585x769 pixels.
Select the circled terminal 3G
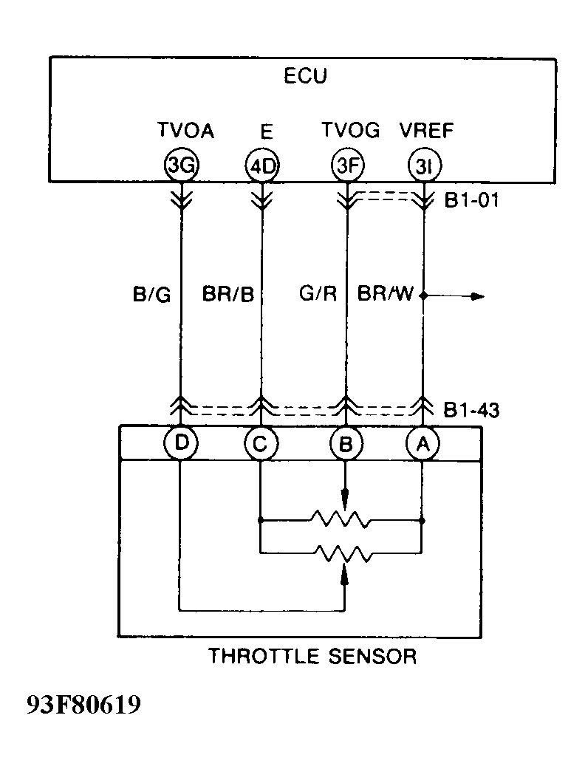point(181,166)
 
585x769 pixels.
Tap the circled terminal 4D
point(261,166)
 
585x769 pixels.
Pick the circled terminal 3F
point(346,166)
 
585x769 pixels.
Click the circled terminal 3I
point(424,166)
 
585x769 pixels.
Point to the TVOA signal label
point(185,131)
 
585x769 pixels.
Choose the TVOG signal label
point(350,131)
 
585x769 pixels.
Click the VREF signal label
point(427,131)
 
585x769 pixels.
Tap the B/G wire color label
point(151,295)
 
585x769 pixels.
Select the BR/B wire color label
point(227,295)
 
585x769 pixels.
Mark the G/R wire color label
point(318,295)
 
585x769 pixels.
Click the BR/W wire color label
point(386,295)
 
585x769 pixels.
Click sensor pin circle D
point(180,443)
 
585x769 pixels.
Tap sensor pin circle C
point(261,444)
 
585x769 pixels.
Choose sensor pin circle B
point(346,444)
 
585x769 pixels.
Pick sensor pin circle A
point(423,444)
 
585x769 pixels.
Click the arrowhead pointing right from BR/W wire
point(478,297)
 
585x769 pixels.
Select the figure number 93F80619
point(83,705)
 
